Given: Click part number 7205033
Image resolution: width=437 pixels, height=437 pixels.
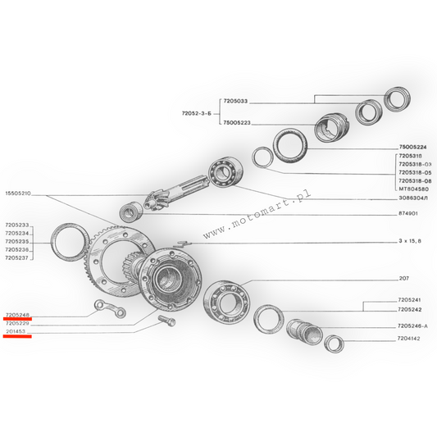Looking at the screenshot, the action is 235,101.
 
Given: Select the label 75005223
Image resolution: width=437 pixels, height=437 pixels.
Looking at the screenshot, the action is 237,123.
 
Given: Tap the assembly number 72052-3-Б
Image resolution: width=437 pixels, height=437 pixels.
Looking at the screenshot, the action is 197,113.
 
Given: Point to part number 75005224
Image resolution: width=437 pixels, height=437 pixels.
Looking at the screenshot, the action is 412,147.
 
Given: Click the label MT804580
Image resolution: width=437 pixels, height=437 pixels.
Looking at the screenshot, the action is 413,189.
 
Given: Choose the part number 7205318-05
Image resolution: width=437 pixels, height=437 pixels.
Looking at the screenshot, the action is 415,172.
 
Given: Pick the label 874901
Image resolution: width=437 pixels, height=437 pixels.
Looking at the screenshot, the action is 408,213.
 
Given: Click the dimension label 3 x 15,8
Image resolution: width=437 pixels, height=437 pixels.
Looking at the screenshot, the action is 410,241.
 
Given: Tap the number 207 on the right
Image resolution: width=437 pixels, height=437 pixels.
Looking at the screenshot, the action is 404,278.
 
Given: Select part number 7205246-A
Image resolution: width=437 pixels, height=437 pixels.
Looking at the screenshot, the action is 412,325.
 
